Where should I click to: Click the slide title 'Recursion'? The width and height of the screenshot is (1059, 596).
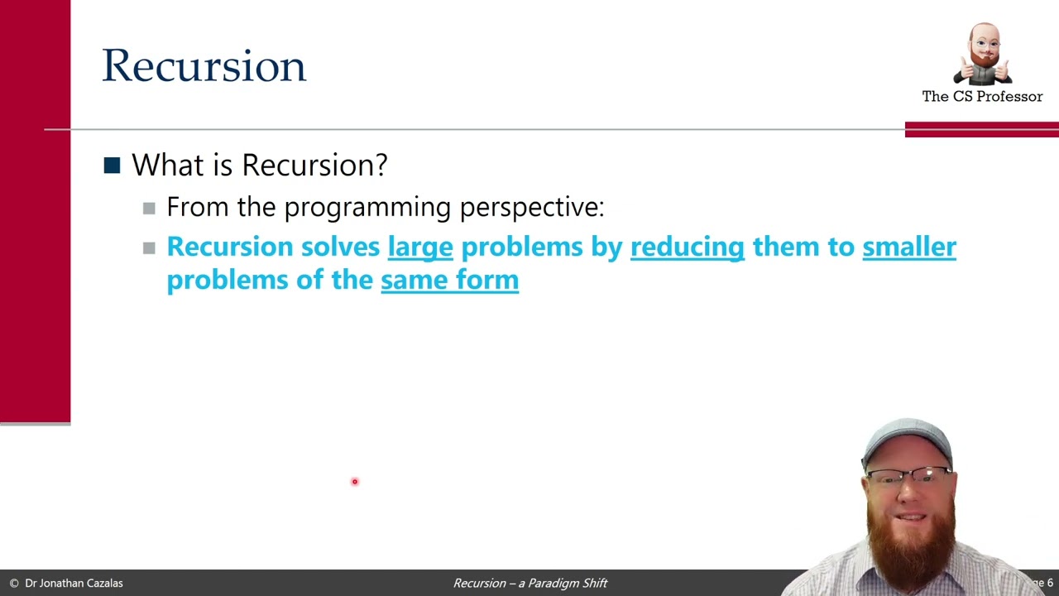(204, 66)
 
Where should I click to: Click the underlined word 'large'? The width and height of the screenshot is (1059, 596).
(420, 247)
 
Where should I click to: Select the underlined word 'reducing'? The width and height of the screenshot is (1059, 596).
(687, 247)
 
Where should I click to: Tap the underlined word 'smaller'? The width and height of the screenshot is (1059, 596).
(908, 247)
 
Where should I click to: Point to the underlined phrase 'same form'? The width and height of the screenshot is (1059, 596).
(449, 280)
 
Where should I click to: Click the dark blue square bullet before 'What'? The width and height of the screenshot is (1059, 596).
(112, 166)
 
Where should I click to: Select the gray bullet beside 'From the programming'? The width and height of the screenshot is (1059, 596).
(149, 208)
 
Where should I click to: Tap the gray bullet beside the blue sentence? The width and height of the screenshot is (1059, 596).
(149, 248)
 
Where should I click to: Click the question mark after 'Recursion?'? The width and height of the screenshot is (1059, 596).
(381, 165)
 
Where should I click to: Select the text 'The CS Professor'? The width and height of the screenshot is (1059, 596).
(982, 97)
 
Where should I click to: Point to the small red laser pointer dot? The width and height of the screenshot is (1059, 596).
(354, 482)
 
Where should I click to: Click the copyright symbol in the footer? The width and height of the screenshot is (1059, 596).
(13, 583)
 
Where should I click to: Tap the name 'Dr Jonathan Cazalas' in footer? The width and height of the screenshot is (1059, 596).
(74, 583)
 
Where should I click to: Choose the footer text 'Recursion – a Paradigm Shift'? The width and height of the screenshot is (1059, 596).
(529, 583)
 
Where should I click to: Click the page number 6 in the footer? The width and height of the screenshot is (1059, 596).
(1050, 583)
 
